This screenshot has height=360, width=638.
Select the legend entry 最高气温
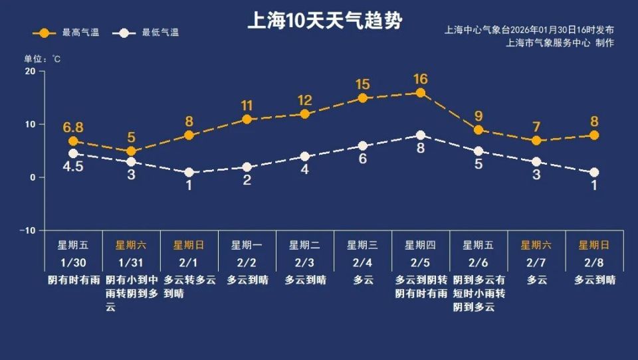(66, 33)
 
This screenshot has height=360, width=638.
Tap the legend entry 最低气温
(146, 33)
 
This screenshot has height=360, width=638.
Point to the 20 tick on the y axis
(30, 71)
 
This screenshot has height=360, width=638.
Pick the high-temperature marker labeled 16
(421, 93)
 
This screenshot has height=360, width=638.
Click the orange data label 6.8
(73, 127)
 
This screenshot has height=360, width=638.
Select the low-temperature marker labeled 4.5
(73, 153)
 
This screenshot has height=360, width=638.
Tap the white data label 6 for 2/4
(363, 159)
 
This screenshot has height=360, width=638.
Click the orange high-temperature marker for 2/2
(247, 120)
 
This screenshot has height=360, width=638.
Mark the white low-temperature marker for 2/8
(594, 172)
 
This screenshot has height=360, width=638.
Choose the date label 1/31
(130, 262)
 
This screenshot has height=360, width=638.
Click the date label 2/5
(421, 262)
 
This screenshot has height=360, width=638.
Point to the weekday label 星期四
(421, 245)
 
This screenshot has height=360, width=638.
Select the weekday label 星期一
(247, 245)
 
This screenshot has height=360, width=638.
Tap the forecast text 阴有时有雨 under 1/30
(73, 280)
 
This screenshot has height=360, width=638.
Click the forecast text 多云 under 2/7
(536, 280)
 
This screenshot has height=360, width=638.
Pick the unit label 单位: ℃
(43, 58)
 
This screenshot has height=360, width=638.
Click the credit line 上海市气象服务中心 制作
(560, 43)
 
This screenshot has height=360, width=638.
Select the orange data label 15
(363, 84)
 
